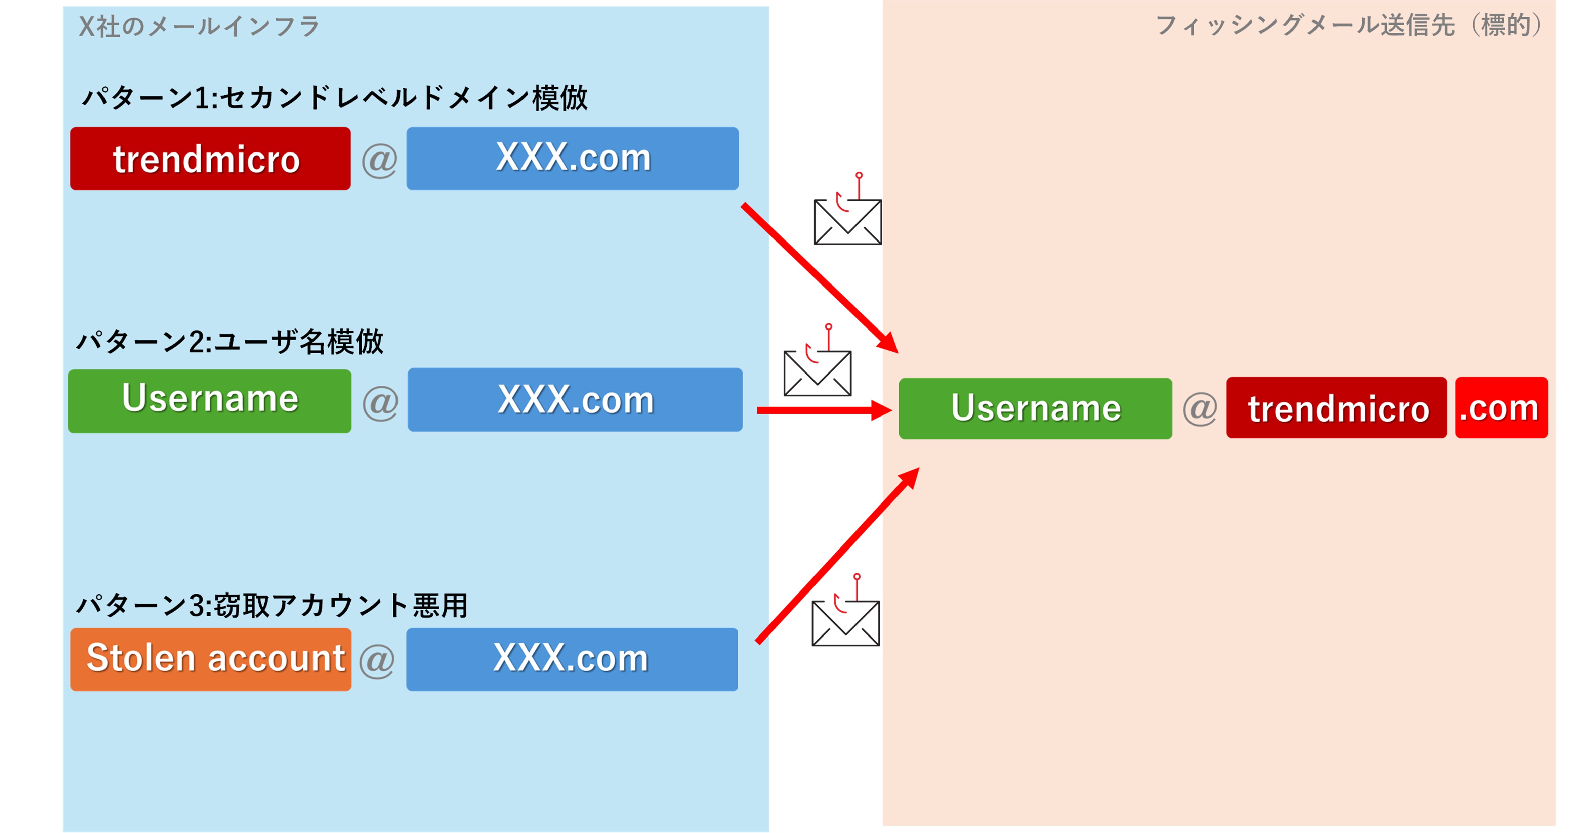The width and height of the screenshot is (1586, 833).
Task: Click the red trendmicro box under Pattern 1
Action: click(x=210, y=159)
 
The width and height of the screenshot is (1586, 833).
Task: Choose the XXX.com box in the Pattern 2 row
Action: click(x=575, y=400)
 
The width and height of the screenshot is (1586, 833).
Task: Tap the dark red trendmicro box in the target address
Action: click(x=1336, y=408)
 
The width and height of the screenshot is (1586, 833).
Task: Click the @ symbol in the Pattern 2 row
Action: click(x=380, y=403)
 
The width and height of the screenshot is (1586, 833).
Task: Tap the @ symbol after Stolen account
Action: click(x=377, y=661)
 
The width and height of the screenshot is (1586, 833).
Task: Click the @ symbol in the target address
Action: click(x=1199, y=409)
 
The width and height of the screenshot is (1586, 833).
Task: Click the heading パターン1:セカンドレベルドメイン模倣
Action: click(x=334, y=98)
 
